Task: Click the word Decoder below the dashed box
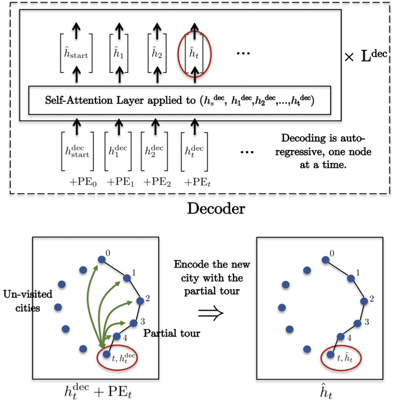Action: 216,208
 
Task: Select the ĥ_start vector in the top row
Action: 76,54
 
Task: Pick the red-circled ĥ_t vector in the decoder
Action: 194,54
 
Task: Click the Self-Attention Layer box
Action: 179,100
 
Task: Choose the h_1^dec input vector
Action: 117,151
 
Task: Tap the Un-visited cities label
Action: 28,300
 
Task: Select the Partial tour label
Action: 172,333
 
